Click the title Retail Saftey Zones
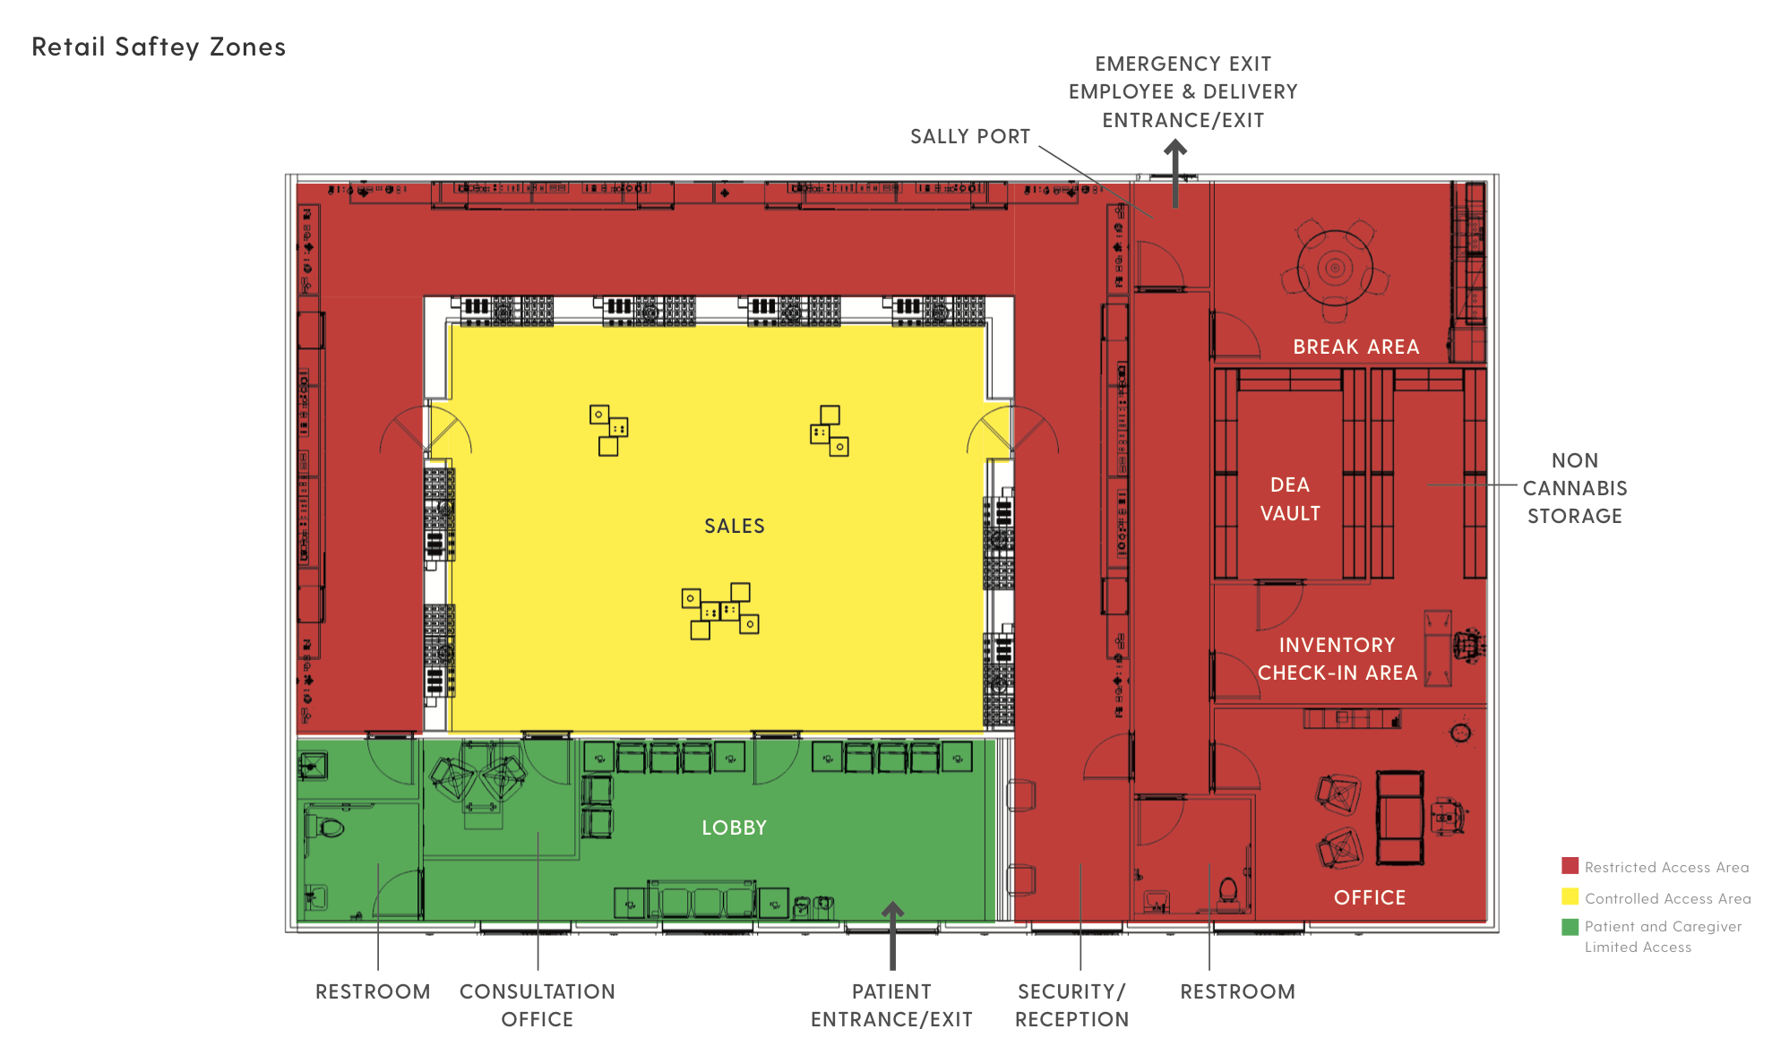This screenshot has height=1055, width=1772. (159, 47)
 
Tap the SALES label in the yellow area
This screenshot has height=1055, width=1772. (735, 526)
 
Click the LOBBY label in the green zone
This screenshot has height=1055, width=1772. (735, 828)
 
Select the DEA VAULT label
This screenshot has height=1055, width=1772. (1290, 499)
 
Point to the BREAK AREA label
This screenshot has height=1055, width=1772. (1356, 347)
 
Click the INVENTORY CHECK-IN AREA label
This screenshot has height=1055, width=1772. (1338, 658)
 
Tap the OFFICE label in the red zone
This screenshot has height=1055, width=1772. (1370, 897)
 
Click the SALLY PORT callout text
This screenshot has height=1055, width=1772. (970, 136)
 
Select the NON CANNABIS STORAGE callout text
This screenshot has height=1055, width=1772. (1575, 488)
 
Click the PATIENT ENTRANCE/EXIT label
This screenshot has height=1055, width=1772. (891, 1005)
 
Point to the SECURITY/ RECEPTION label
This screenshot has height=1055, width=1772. (1072, 1005)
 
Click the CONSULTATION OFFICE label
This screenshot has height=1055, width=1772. (538, 1005)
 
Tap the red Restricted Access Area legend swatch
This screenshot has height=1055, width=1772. (1570, 866)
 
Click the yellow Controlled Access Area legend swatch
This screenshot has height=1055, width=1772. (1570, 896)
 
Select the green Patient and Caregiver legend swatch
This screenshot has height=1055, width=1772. (1570, 927)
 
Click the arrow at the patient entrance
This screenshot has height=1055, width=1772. (892, 935)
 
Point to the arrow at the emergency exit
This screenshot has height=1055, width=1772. (1175, 174)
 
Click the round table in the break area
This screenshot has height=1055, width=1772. (1335, 268)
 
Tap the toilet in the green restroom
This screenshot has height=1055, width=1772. (327, 826)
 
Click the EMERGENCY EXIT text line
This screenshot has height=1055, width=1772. (1183, 64)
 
